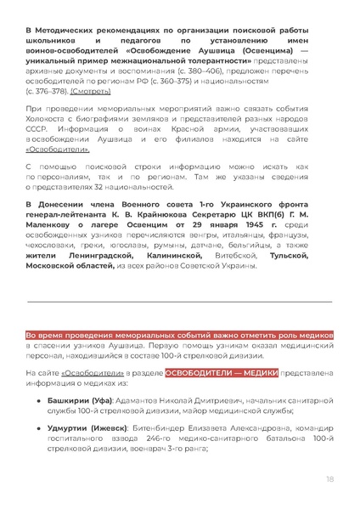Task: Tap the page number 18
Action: [329, 480]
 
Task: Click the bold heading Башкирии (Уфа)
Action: [74, 398]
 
